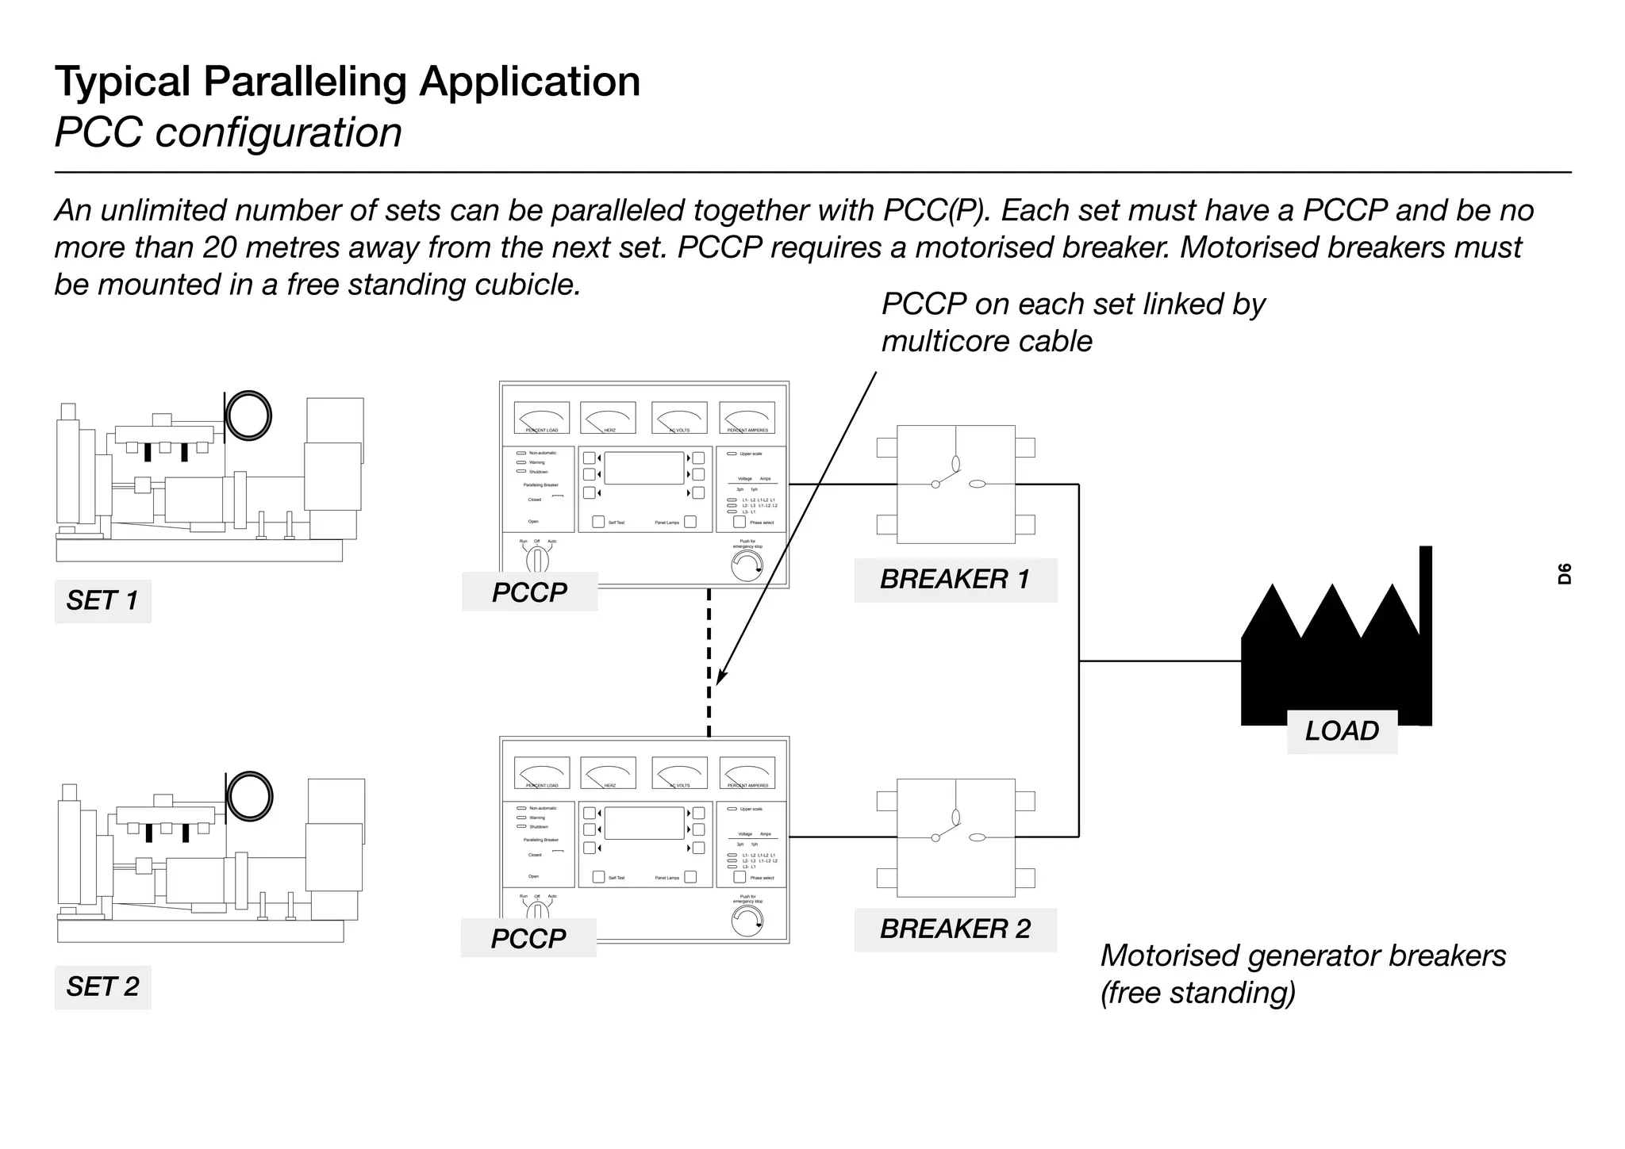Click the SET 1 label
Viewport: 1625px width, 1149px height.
[102, 601]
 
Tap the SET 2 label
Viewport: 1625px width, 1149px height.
[102, 986]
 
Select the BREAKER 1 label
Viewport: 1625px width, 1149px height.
[955, 580]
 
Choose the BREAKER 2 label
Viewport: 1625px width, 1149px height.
[955, 929]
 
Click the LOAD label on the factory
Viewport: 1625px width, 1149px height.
[1342, 731]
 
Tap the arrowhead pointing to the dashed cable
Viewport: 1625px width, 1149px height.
[720, 676]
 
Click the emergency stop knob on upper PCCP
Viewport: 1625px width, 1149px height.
[747, 566]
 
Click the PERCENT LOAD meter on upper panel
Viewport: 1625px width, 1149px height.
[542, 417]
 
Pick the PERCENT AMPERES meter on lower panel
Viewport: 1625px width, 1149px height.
[747, 772]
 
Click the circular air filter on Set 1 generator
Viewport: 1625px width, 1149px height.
[248, 416]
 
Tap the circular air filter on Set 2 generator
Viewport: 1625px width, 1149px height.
[249, 796]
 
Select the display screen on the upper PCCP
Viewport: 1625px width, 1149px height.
[643, 469]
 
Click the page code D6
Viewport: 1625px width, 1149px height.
[1564, 573]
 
